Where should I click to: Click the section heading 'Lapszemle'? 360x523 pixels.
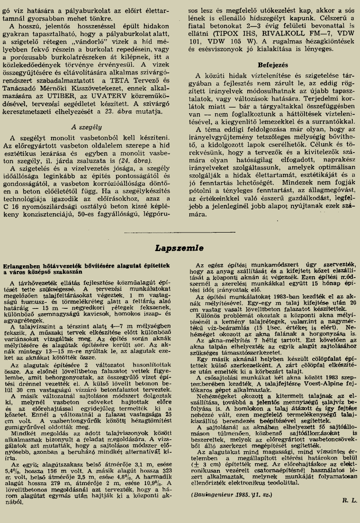pos(180,247)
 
